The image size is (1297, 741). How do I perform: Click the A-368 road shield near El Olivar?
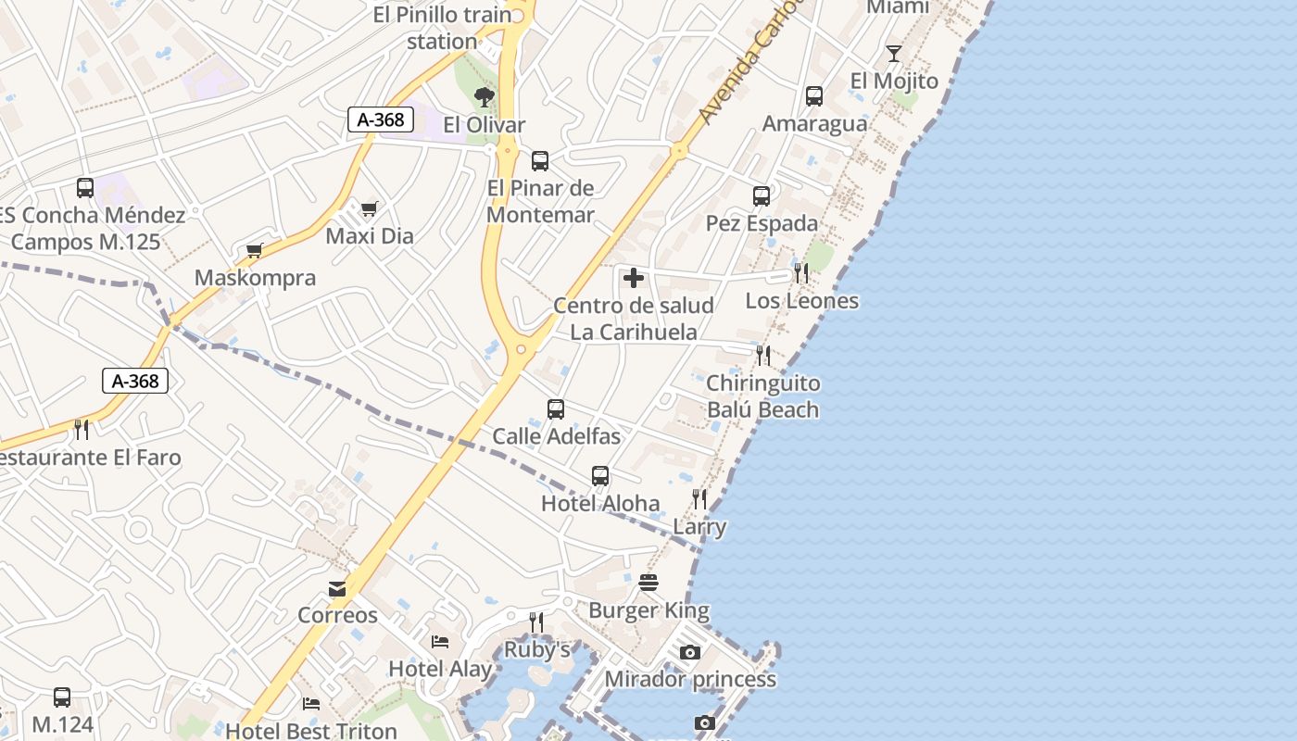381,119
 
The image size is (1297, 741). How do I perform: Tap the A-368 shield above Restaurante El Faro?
135,381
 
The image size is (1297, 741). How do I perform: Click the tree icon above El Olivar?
484,96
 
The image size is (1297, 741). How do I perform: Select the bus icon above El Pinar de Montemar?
540,160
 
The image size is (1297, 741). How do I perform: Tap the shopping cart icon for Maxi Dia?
369,208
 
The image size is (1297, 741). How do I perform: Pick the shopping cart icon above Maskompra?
255,250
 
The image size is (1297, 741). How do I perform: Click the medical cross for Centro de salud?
634,278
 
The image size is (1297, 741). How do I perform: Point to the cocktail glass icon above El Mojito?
894,54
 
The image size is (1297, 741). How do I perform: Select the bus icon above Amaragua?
814,95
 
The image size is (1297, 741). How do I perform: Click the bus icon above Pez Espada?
762,195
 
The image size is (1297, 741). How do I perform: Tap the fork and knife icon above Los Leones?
801,273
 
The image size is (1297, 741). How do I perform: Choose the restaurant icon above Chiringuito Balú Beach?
763,356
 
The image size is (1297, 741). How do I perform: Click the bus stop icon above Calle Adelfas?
556,408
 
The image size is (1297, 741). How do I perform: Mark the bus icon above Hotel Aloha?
600,476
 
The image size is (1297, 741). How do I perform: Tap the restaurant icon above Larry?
699,499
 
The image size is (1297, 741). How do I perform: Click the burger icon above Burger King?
648,583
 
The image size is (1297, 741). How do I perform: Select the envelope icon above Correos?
337,588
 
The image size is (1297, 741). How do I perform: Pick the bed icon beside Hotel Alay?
440,641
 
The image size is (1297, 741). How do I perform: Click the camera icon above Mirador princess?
689,652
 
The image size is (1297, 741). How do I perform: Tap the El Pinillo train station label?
442,28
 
